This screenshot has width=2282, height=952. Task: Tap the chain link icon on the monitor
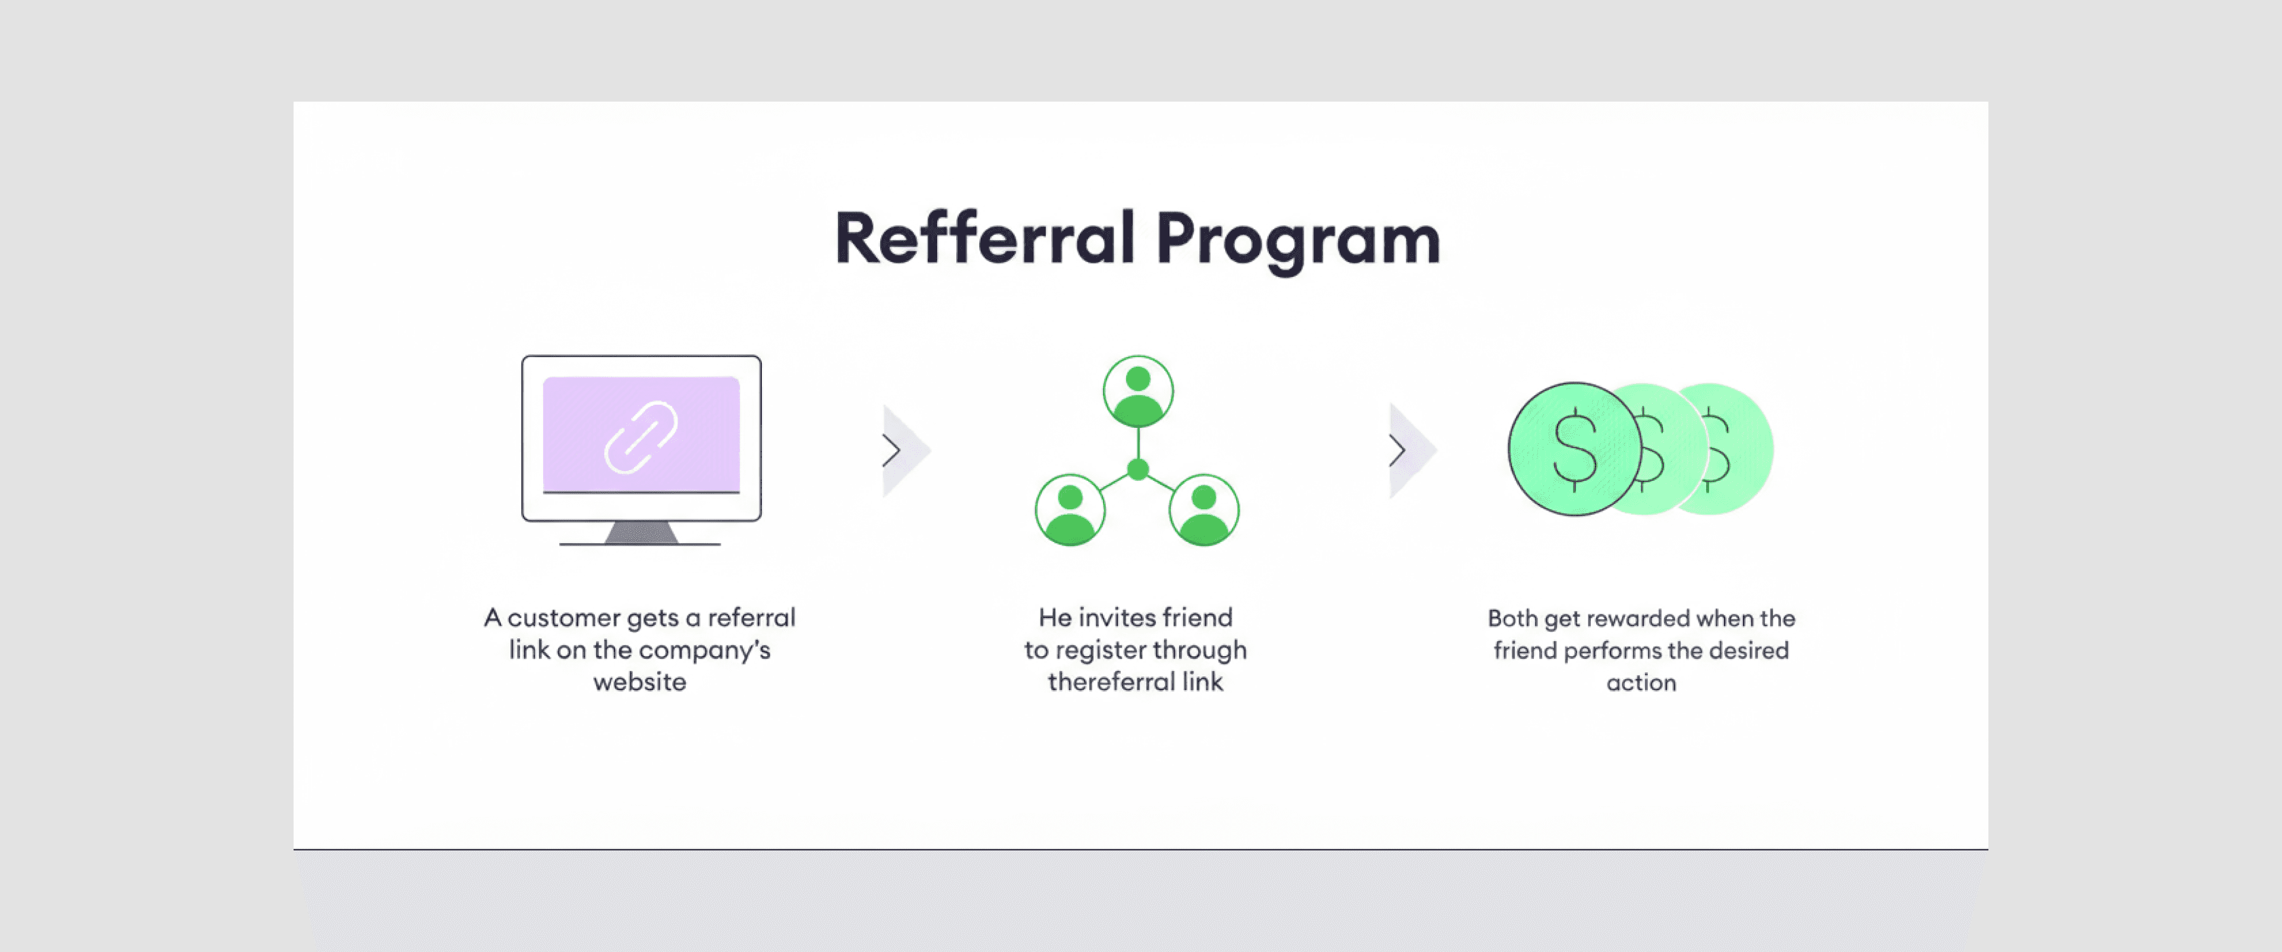pyautogui.click(x=641, y=437)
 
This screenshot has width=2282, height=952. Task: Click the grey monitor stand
pyautogui.click(x=641, y=532)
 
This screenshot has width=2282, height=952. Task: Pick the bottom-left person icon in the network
pyautogui.click(x=1070, y=510)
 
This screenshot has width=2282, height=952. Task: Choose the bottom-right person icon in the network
pyautogui.click(x=1204, y=510)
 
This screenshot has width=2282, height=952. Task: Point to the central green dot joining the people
pyautogui.click(x=1137, y=469)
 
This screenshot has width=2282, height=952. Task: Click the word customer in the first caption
pyautogui.click(x=563, y=617)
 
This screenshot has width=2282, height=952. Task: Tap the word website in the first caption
pyautogui.click(x=639, y=682)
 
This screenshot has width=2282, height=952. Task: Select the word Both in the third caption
pyautogui.click(x=1512, y=618)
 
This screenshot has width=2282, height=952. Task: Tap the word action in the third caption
pyautogui.click(x=1641, y=683)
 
